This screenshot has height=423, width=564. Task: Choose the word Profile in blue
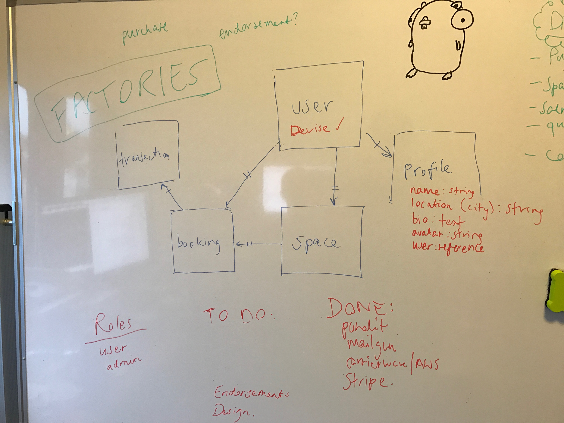click(x=427, y=169)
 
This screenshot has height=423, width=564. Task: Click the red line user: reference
click(x=447, y=248)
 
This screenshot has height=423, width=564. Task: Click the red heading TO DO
click(x=239, y=316)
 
